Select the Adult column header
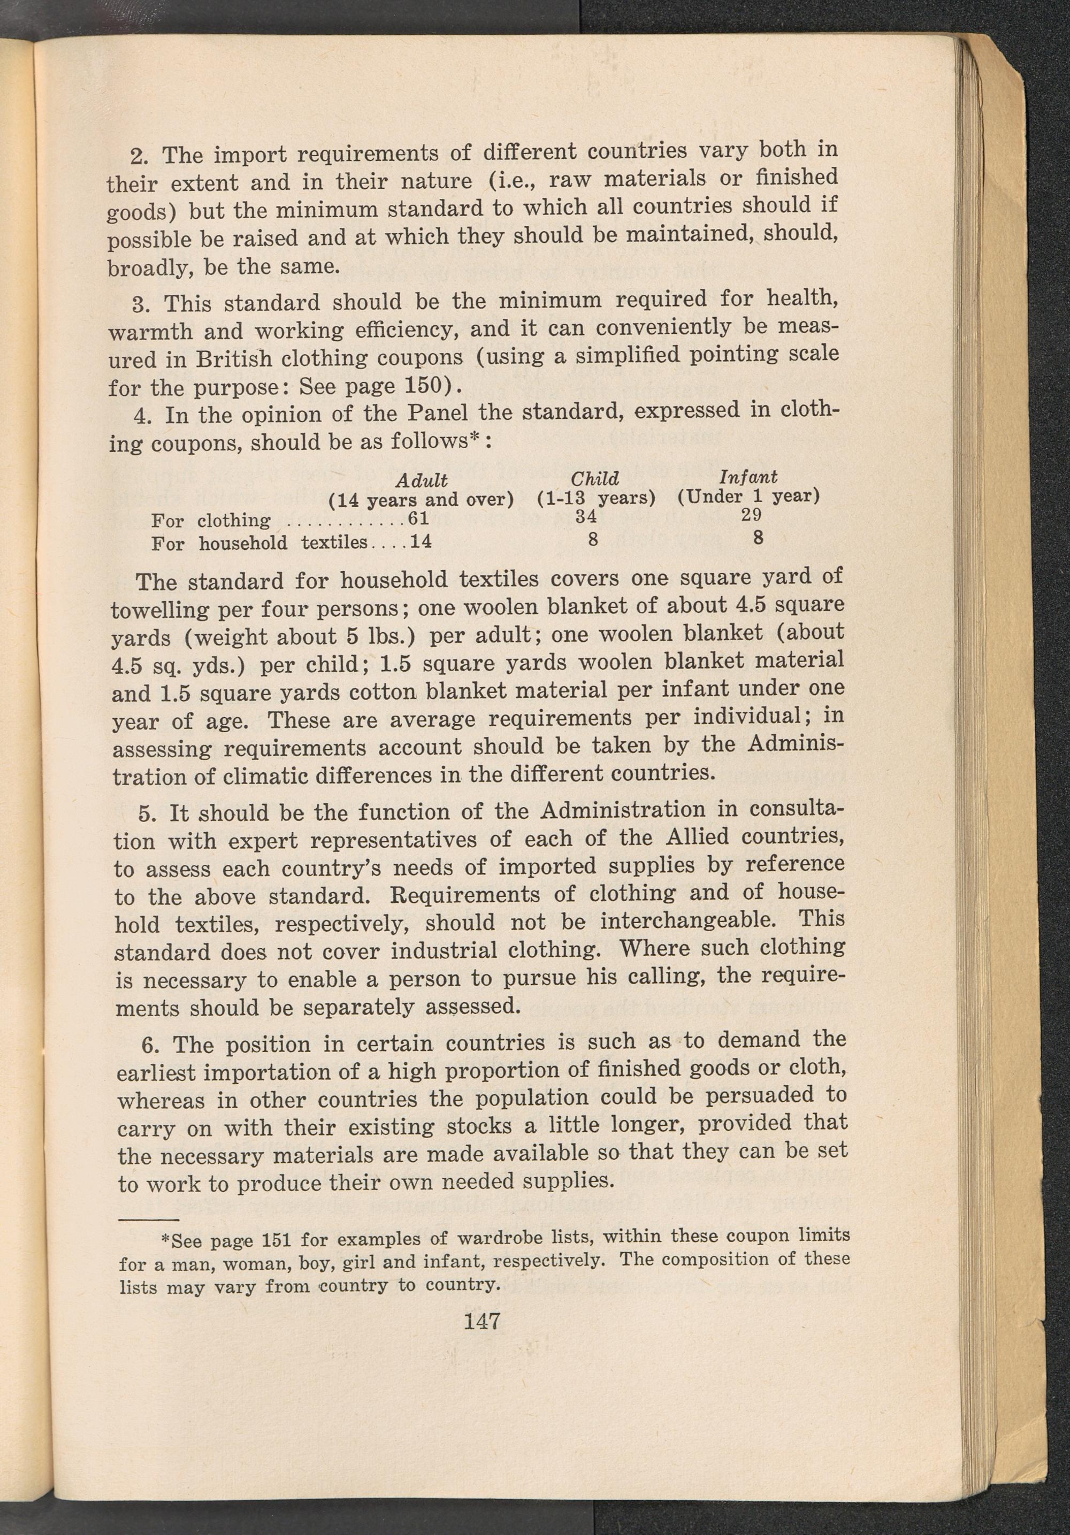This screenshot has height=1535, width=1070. (422, 480)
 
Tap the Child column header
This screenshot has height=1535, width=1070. (594, 479)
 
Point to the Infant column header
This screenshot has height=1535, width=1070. (748, 477)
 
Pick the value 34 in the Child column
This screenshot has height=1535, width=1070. (586, 517)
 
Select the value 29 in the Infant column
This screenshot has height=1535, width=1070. (752, 516)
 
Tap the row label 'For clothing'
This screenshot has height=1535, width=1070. (211, 521)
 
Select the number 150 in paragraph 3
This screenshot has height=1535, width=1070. (426, 386)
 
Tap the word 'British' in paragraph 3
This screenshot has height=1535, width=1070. (233, 359)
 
